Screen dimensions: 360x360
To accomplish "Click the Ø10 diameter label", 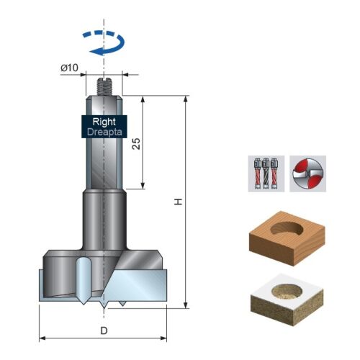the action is (x=69, y=68).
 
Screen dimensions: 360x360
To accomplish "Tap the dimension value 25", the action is (x=136, y=143).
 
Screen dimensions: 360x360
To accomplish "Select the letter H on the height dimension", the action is (x=179, y=202).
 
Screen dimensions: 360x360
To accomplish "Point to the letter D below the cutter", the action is (x=104, y=331).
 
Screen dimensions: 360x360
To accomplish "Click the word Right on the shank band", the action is (x=104, y=122).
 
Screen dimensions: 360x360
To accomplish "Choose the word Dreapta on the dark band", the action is (x=104, y=132).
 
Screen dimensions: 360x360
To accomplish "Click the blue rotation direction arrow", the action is (x=104, y=42).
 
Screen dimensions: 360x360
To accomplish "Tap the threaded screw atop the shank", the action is (x=104, y=86).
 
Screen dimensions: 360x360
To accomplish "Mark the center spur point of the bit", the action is (x=104, y=308).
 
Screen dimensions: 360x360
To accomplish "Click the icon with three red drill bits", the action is (x=266, y=174).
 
